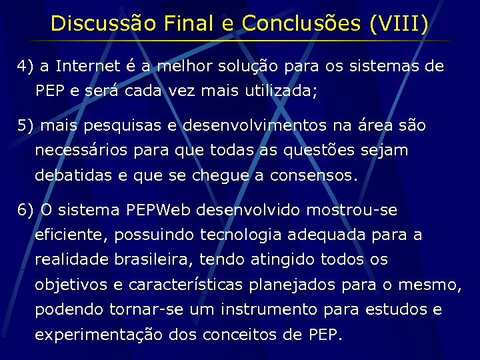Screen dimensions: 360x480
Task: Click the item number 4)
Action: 26,67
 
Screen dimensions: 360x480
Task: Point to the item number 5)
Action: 26,125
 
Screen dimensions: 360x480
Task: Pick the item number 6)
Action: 26,211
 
